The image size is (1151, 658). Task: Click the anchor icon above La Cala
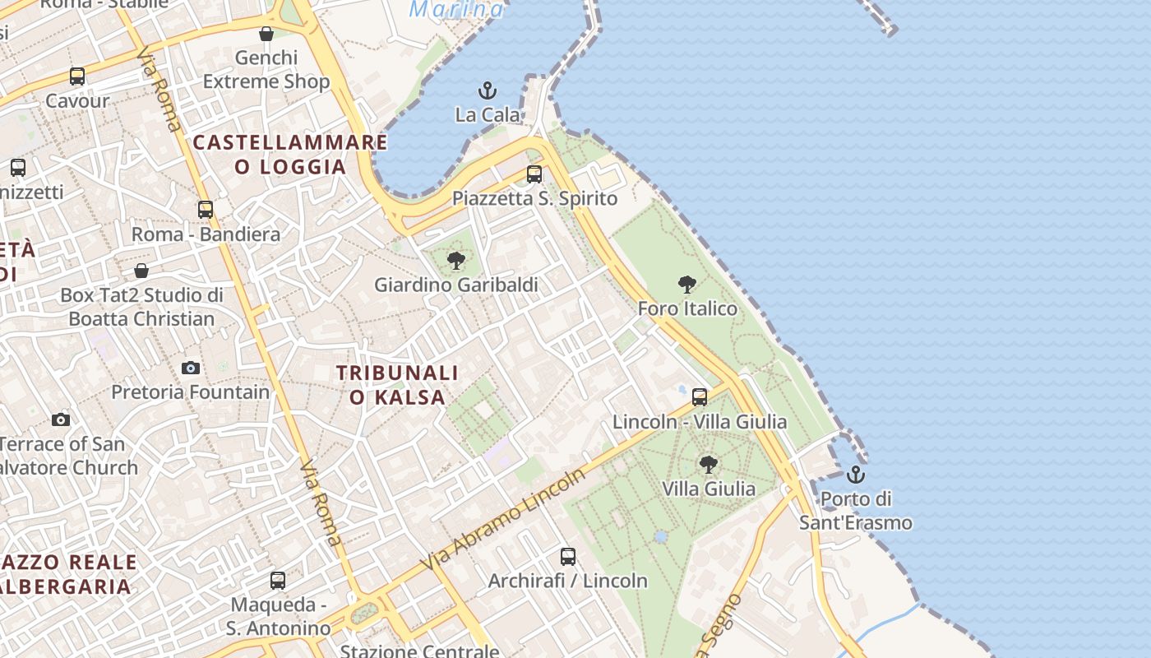coord(488,90)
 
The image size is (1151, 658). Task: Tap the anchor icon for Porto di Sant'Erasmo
coord(856,475)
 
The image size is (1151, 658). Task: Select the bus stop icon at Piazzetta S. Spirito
coord(534,174)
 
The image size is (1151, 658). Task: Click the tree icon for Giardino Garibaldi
coord(455,262)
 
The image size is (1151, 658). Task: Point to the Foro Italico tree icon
coord(687,285)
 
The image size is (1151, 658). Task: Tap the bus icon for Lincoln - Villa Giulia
coord(700,397)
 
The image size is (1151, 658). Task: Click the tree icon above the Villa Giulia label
coord(708,465)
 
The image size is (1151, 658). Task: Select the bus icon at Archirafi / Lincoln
coord(567,557)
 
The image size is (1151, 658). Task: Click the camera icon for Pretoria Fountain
coord(191,368)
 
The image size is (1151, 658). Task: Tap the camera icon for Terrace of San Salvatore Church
coord(61,420)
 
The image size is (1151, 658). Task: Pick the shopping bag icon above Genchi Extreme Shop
coord(266,34)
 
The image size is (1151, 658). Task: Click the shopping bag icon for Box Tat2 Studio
coord(141,271)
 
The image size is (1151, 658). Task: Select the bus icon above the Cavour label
coord(77,76)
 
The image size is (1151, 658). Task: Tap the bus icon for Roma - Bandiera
coord(206,210)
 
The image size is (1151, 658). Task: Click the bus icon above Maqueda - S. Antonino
coord(278,581)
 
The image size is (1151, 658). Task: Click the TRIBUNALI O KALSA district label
coord(397,385)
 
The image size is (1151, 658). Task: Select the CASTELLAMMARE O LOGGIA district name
coord(290,155)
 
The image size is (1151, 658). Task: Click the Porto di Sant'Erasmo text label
coord(856,511)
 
